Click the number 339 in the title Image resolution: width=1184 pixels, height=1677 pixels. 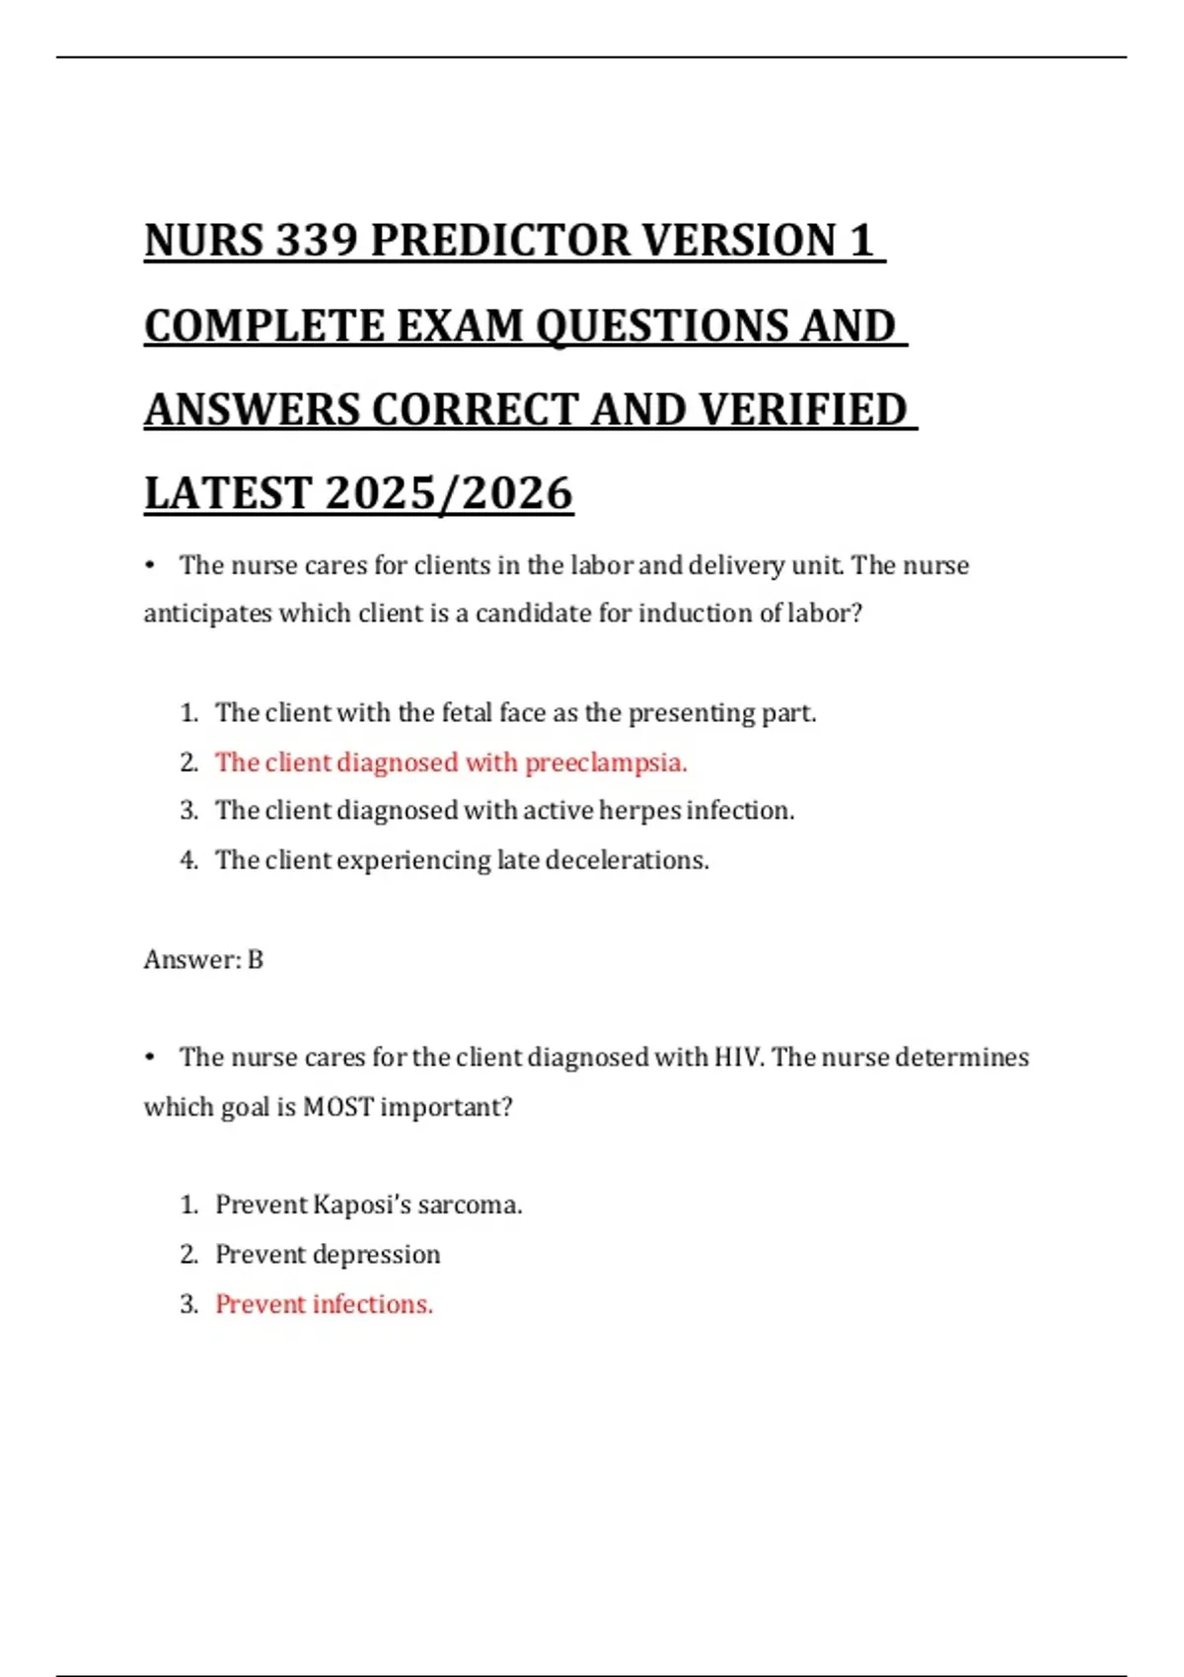click(317, 241)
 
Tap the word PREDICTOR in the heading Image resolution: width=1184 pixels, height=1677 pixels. click(500, 241)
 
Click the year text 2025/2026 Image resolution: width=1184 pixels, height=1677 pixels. click(449, 493)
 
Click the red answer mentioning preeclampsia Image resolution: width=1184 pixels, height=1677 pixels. click(451, 763)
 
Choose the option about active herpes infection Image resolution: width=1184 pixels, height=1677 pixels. click(504, 811)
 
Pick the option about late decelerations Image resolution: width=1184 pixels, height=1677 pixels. click(462, 860)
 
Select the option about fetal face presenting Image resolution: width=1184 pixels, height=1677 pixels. click(515, 712)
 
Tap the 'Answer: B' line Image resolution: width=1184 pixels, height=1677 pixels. click(203, 959)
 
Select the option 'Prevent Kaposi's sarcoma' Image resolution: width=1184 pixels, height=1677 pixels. click(368, 1204)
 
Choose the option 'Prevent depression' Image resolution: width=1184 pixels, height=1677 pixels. click(328, 1254)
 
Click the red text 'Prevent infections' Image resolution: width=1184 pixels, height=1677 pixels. click(324, 1304)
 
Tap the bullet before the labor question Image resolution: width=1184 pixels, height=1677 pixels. click(150, 565)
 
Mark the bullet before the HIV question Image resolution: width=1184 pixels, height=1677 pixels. click(150, 1057)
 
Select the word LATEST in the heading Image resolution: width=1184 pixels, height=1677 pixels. click(228, 493)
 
